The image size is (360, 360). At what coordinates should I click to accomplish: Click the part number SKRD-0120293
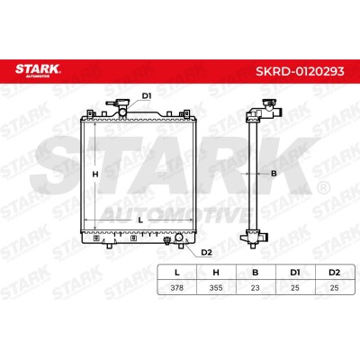(x=300, y=71)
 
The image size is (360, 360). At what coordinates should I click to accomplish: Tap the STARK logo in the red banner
(x=38, y=70)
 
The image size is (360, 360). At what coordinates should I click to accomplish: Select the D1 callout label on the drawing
(x=147, y=96)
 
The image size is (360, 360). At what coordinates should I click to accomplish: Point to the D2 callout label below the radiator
(x=206, y=253)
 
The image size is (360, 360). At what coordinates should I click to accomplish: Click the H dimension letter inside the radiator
(x=95, y=174)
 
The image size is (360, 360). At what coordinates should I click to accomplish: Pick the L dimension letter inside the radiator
(x=140, y=220)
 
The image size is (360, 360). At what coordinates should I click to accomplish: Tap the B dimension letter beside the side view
(x=274, y=173)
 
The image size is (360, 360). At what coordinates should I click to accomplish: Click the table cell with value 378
(x=176, y=288)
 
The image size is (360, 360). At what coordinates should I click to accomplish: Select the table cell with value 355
(x=216, y=288)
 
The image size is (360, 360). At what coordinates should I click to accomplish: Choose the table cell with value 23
(x=256, y=288)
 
